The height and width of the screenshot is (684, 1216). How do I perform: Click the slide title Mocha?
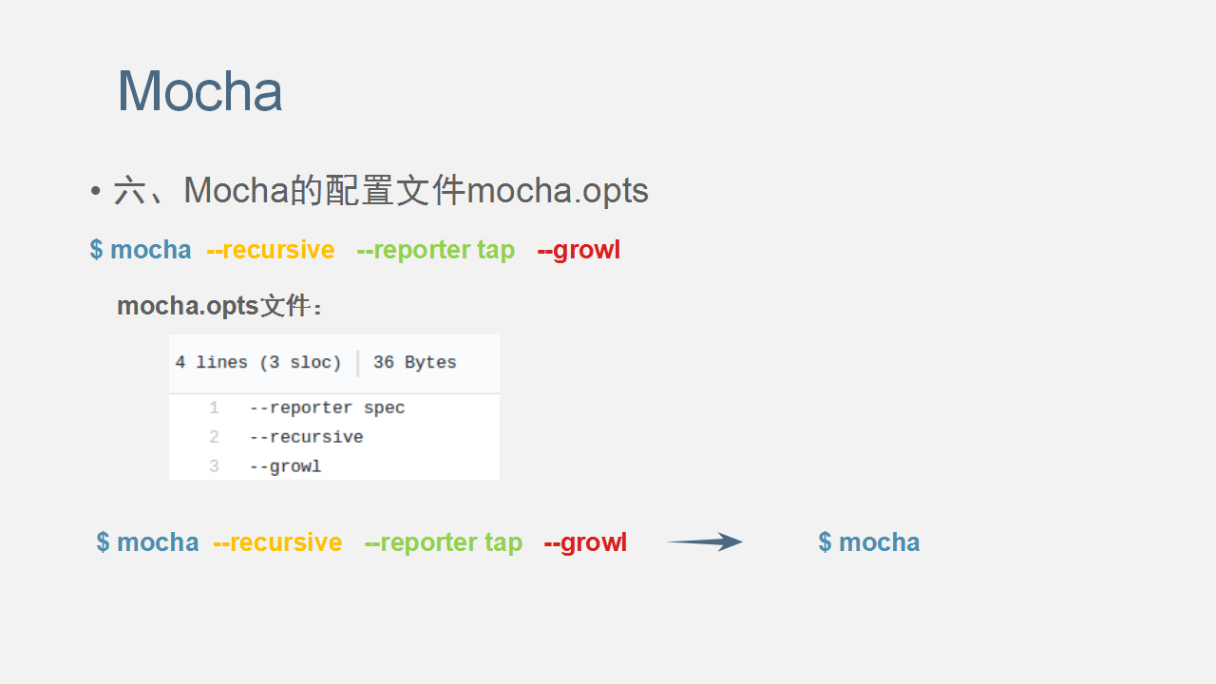pyautogui.click(x=199, y=91)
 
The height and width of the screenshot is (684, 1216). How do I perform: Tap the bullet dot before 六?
pyautogui.click(x=96, y=191)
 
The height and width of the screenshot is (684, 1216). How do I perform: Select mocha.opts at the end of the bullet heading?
pyautogui.click(x=557, y=192)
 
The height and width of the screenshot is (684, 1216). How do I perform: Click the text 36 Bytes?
pyautogui.click(x=415, y=362)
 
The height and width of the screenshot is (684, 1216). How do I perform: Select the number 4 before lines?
pyautogui.click(x=180, y=362)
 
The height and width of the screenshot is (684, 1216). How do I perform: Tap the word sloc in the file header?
pyautogui.click(x=310, y=362)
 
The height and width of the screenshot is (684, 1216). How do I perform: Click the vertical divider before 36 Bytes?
pyautogui.click(x=358, y=363)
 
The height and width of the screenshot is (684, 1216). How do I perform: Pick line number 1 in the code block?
pyautogui.click(x=214, y=408)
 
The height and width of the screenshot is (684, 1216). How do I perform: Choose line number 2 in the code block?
pyautogui.click(x=214, y=437)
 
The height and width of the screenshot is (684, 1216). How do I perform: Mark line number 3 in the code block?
pyautogui.click(x=214, y=466)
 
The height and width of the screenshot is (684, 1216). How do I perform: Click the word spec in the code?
pyautogui.click(x=385, y=408)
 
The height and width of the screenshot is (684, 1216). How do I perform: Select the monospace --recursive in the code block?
pyautogui.click(x=306, y=437)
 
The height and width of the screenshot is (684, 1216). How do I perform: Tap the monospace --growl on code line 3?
pyautogui.click(x=286, y=466)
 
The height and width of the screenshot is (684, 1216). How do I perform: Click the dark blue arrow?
pyautogui.click(x=705, y=541)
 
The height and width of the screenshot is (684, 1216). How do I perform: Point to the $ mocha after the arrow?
pyautogui.click(x=869, y=542)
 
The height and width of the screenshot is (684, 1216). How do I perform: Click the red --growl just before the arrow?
pyautogui.click(x=585, y=542)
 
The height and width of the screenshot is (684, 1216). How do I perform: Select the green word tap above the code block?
pyautogui.click(x=496, y=251)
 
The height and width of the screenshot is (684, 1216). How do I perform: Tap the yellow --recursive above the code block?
pyautogui.click(x=271, y=250)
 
